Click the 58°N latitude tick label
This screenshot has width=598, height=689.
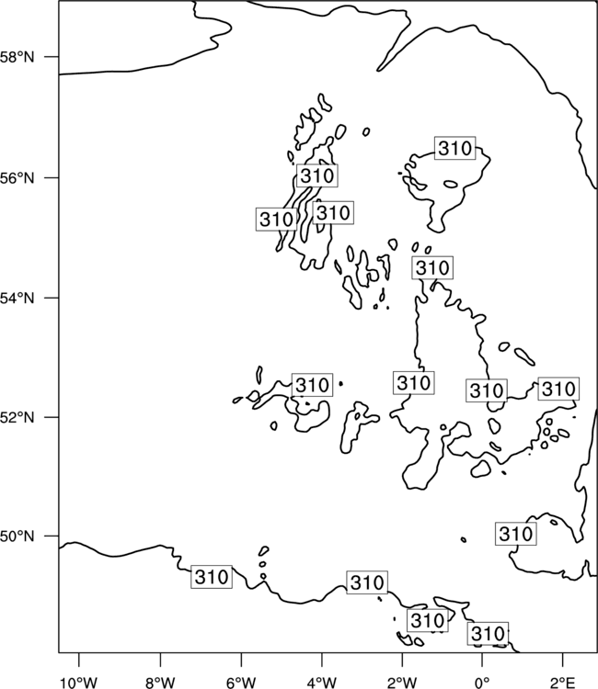pyautogui.click(x=17, y=57)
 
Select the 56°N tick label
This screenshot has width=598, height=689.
pyautogui.click(x=17, y=178)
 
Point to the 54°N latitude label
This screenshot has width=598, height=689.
pyautogui.click(x=17, y=299)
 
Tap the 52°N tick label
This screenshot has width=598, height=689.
pyautogui.click(x=17, y=417)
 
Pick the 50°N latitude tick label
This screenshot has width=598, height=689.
pyautogui.click(x=17, y=537)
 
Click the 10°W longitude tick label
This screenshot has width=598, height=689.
pyautogui.click(x=79, y=683)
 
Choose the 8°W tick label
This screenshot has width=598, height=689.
pyautogui.click(x=160, y=683)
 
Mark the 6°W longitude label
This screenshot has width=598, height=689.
pyautogui.click(x=241, y=683)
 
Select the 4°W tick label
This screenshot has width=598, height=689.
pyautogui.click(x=321, y=683)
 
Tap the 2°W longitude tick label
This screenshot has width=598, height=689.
pyautogui.click(x=402, y=683)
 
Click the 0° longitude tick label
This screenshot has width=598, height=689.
pyautogui.click(x=482, y=683)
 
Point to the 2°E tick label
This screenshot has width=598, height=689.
pyautogui.click(x=563, y=683)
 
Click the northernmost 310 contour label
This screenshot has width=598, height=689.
pyautogui.click(x=455, y=148)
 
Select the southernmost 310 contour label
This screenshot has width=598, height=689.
pyautogui.click(x=488, y=634)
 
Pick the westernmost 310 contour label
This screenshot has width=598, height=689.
pyautogui.click(x=212, y=577)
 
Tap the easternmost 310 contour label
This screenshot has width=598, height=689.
pyautogui.click(x=558, y=389)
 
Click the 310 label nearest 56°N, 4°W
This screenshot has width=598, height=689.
pyautogui.click(x=316, y=175)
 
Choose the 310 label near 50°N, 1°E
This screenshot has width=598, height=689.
pyautogui.click(x=516, y=534)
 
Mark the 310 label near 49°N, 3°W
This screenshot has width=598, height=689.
pyautogui.click(x=367, y=582)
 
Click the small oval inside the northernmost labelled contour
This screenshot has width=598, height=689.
pyautogui.click(x=451, y=185)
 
